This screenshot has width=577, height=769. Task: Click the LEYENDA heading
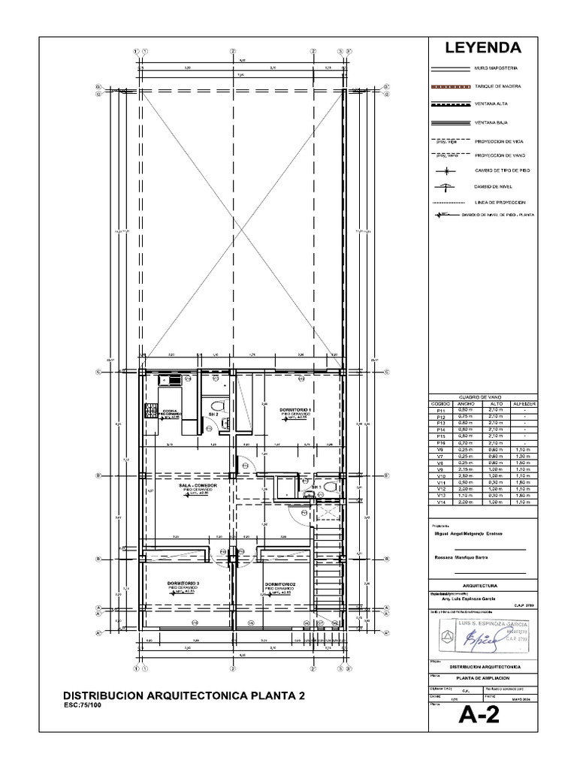pos(484,48)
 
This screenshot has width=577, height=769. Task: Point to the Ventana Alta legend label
pos(493,104)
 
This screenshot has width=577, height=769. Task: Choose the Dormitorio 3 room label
pos(183,583)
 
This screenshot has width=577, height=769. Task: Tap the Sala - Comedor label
pos(198,486)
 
